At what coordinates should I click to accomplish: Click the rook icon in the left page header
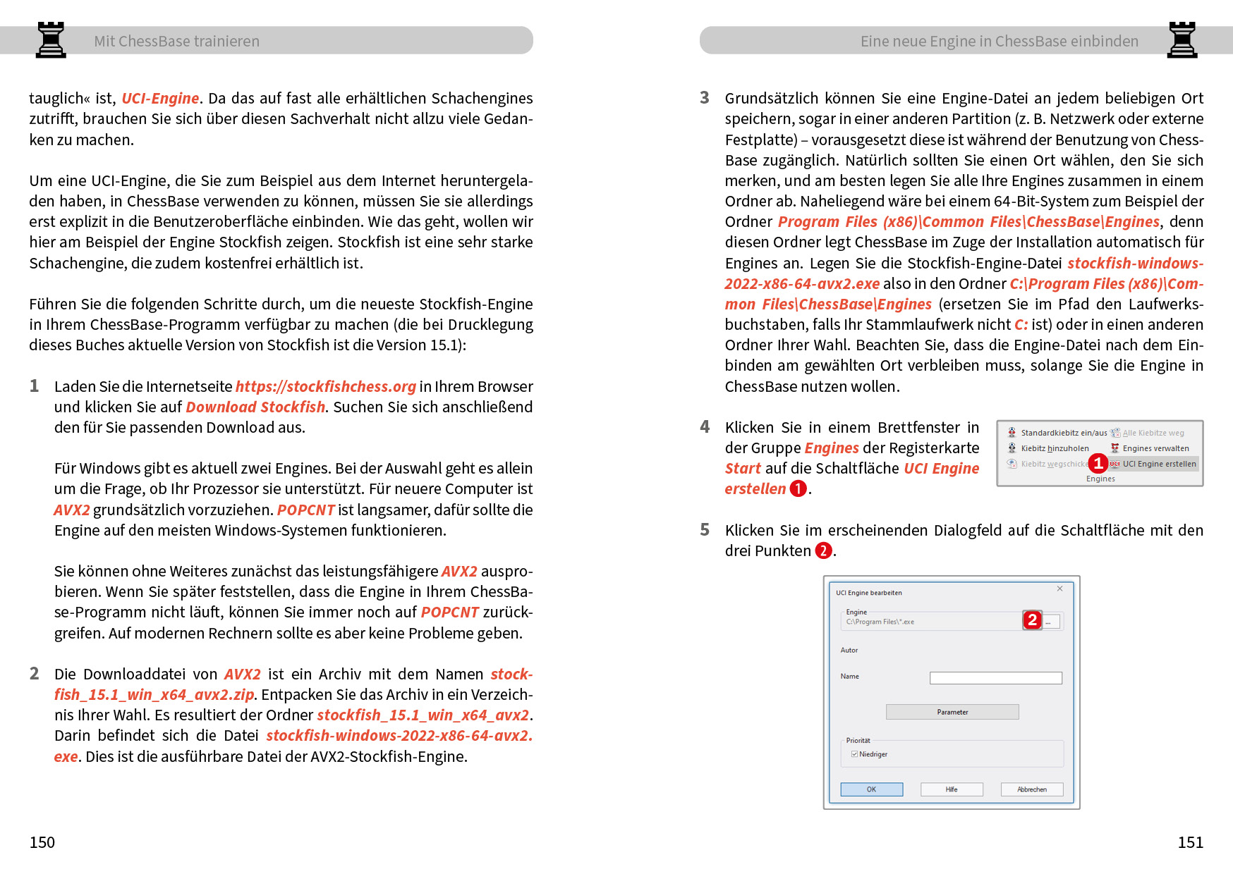point(51,39)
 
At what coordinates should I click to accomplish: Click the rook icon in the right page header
point(1182,39)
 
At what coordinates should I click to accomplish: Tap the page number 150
point(42,842)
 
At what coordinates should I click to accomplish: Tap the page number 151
point(1190,842)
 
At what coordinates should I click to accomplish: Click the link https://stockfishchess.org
point(325,386)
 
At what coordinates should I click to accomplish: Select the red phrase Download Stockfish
point(255,407)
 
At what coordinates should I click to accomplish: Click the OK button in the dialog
point(871,789)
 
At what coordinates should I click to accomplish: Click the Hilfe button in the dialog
point(952,789)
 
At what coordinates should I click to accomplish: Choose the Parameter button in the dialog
point(952,712)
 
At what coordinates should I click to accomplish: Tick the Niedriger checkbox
point(855,754)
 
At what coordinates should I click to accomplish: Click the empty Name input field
point(995,678)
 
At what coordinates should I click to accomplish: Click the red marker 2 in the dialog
point(1032,620)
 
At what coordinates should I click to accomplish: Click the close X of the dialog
point(1059,589)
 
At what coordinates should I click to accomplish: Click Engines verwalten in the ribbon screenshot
point(1155,448)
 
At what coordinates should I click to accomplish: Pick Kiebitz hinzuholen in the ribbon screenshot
point(1054,448)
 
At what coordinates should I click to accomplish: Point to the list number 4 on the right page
point(705,426)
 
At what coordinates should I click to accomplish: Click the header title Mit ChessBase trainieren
point(176,41)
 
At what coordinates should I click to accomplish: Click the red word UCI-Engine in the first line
point(160,98)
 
